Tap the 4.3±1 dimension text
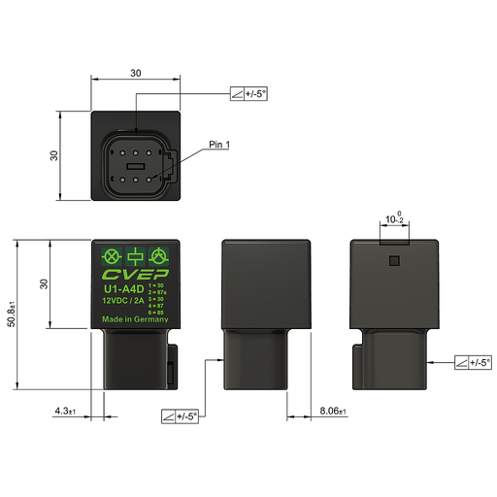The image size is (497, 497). (66, 412)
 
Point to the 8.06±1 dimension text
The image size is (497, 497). (333, 412)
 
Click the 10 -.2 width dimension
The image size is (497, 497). (393, 220)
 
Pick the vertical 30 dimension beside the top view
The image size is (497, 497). (55, 155)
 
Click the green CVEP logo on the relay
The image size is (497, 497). (136, 275)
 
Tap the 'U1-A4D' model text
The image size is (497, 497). (123, 288)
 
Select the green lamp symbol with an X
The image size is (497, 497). (111, 257)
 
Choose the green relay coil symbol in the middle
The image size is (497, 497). (136, 257)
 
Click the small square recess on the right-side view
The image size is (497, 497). (393, 260)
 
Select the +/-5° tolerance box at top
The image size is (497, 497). (248, 94)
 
